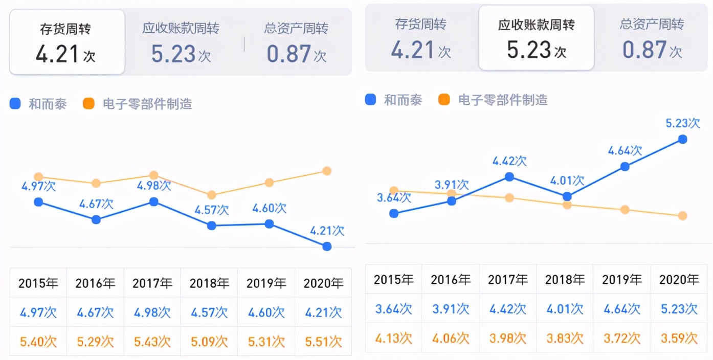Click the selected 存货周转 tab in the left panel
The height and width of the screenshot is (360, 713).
coord(66,42)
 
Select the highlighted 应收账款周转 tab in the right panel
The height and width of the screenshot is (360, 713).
coord(536,38)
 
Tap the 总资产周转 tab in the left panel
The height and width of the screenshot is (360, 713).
coord(296,42)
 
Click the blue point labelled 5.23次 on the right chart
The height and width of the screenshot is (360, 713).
coord(682,139)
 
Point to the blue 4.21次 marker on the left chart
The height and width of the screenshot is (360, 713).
coord(327,246)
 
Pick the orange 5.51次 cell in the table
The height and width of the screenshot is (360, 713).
coord(323,341)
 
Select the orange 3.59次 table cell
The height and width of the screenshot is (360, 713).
coord(679,338)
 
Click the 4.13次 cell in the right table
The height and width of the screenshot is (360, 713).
coord(393,338)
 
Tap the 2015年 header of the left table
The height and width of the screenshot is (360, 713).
coord(38,283)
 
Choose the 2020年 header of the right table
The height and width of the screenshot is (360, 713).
coord(679,279)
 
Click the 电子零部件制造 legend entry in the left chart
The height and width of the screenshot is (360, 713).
coord(138,104)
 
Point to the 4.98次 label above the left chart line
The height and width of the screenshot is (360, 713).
coord(153,185)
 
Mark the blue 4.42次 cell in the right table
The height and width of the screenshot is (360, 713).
coord(507,309)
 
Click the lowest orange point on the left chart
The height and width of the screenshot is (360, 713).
coord(211,195)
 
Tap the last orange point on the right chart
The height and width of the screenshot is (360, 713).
coord(682,216)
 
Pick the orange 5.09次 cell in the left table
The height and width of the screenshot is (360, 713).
coord(209,341)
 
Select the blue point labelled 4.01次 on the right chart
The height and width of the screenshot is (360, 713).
coord(567,196)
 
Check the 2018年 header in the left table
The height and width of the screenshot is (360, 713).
coord(209,283)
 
